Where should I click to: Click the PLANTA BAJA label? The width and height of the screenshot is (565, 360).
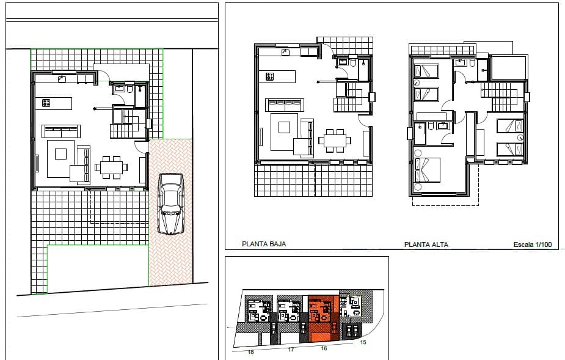point(264,244)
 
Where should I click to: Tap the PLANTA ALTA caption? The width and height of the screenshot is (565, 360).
point(426,244)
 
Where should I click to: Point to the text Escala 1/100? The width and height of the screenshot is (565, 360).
point(533,244)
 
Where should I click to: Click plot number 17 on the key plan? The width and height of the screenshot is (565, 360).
point(291,350)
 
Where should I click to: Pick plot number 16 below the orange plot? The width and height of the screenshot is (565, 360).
point(324,348)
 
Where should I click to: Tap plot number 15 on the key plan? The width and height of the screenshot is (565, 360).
point(363,342)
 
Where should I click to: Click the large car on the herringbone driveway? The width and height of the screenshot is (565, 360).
point(170,204)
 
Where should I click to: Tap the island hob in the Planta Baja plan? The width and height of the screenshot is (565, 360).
point(270,76)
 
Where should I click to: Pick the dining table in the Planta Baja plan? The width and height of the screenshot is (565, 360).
point(334,141)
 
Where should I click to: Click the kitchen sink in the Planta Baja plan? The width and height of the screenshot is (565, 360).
point(285,53)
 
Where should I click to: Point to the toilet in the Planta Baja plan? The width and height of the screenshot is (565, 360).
point(352,62)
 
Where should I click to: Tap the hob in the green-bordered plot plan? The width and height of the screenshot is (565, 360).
point(46,103)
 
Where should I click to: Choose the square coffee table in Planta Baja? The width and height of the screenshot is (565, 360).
point(284,127)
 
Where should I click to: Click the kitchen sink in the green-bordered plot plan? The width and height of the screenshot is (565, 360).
point(62,79)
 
